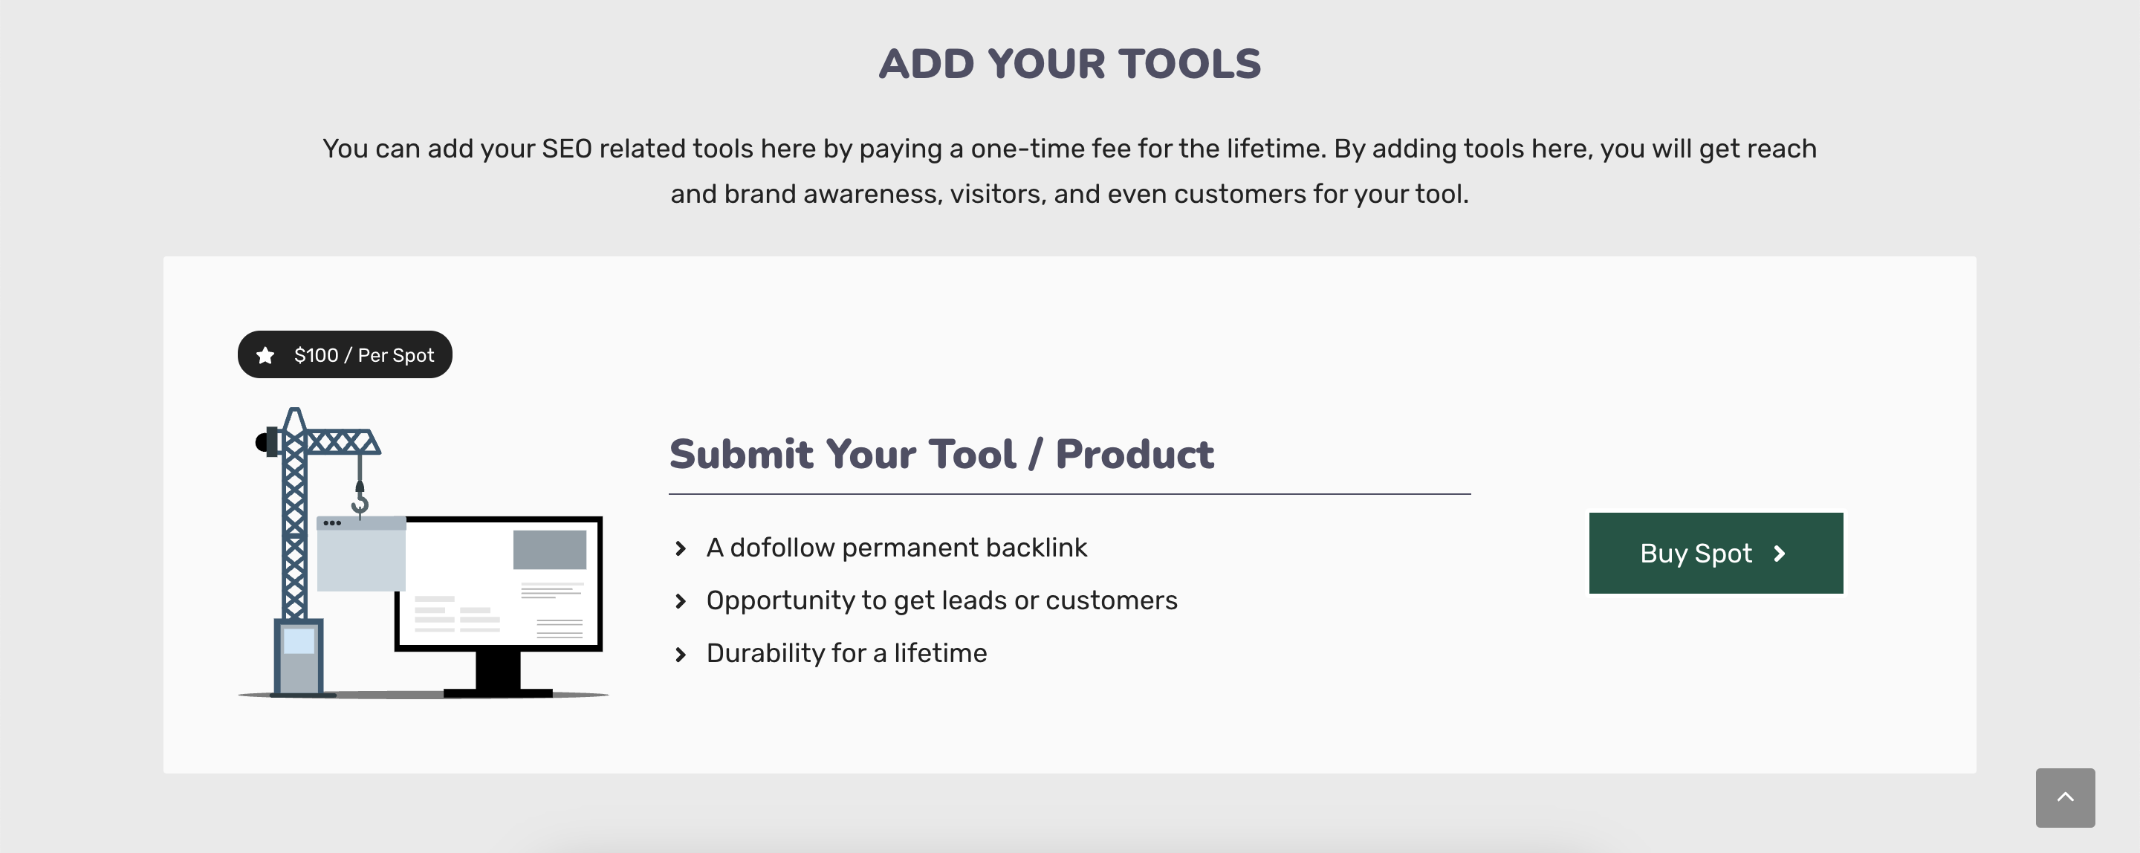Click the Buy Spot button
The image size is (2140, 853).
coord(1715,553)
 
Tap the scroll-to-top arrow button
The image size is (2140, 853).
coord(2064,797)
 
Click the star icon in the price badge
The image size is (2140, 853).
coord(265,355)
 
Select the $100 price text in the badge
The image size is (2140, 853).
coord(316,355)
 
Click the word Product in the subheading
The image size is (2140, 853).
coord(1134,454)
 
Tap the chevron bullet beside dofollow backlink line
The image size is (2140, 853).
coord(681,548)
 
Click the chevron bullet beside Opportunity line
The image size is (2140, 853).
coord(681,601)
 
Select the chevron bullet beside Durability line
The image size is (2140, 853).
coord(681,655)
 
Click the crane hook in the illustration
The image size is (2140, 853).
coord(360,501)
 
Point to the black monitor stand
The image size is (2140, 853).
coord(498,671)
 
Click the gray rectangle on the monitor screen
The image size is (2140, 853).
coord(549,549)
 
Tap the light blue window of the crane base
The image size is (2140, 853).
coord(298,640)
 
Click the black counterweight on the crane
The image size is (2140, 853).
coord(262,442)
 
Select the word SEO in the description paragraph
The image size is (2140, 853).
coord(566,149)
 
